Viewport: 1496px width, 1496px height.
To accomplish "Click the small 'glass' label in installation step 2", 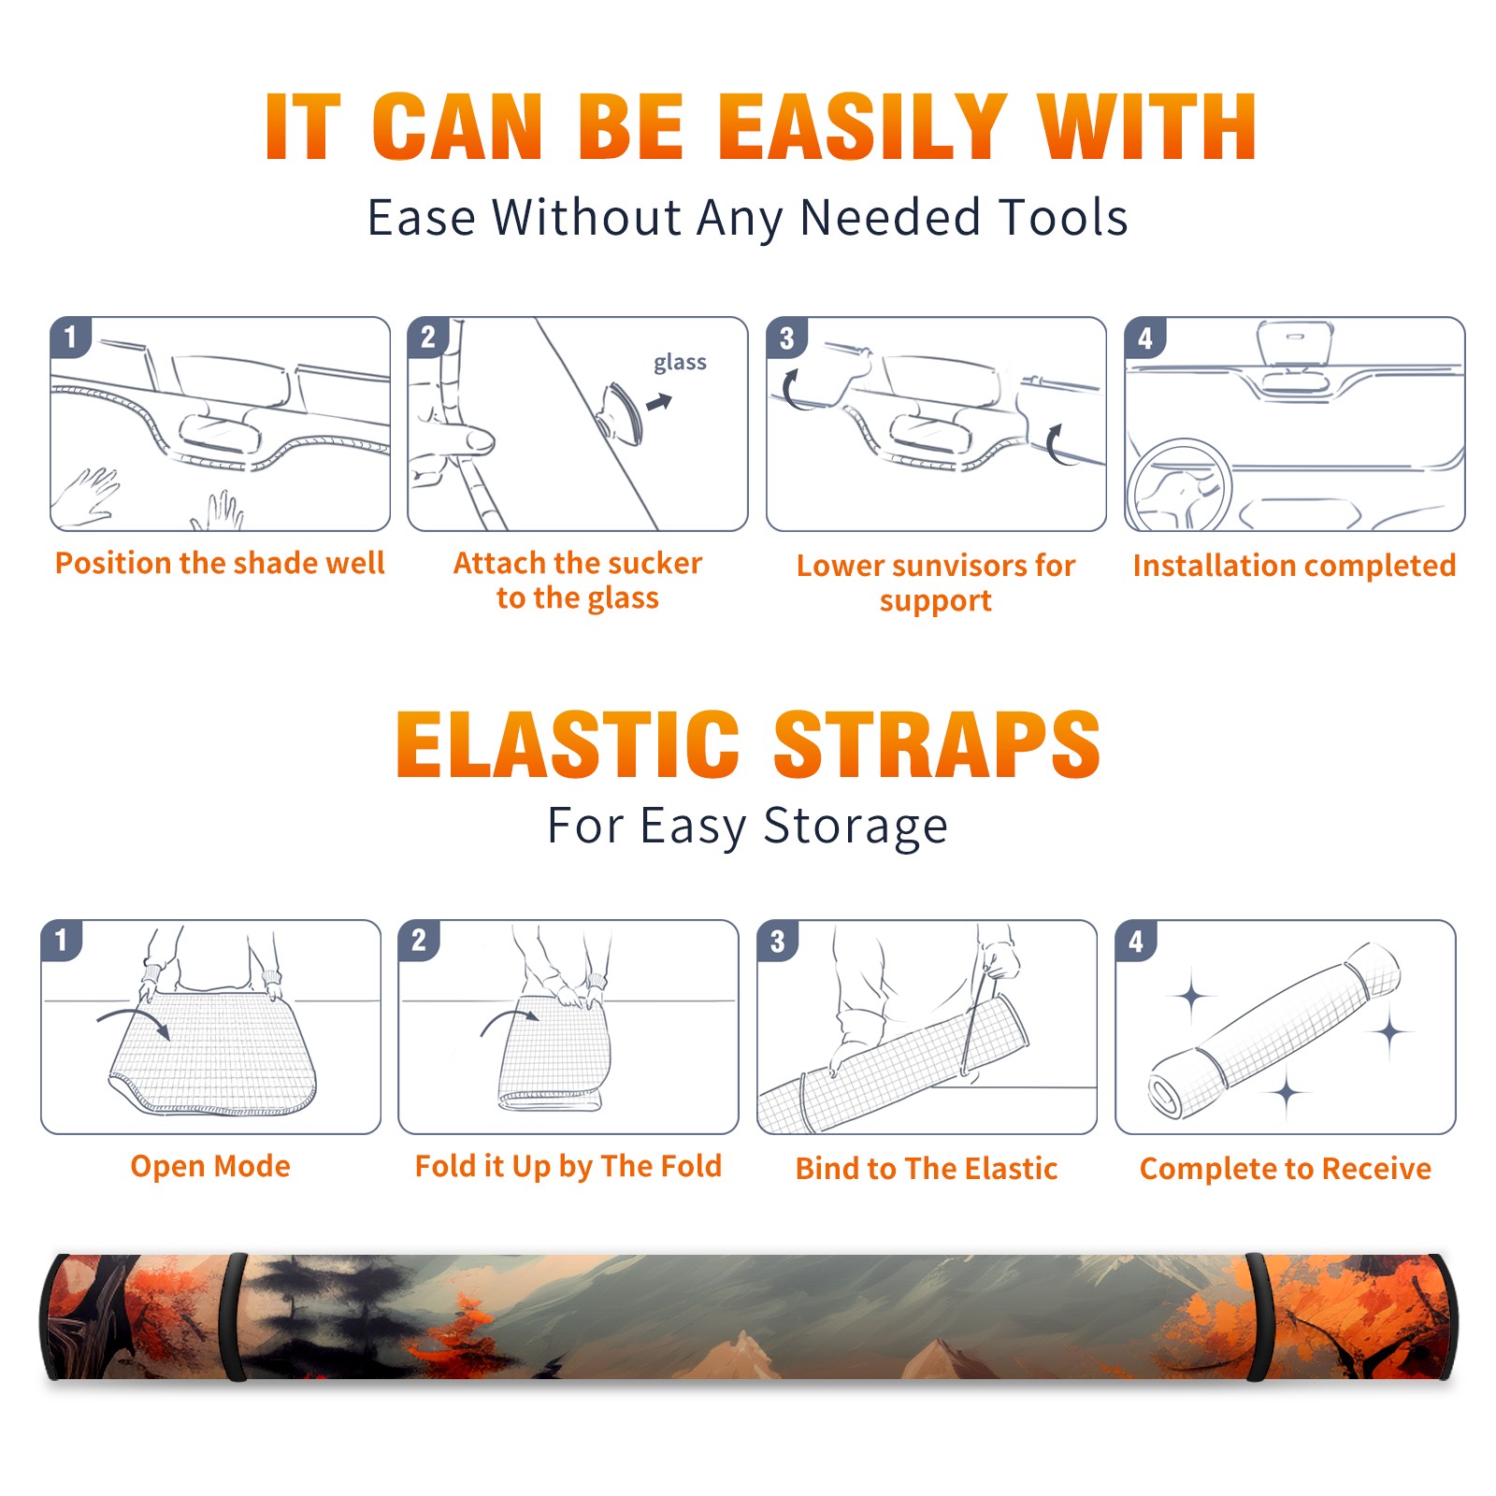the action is pyautogui.click(x=680, y=363).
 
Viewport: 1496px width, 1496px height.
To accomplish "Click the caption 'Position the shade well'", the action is pyautogui.click(x=220, y=563).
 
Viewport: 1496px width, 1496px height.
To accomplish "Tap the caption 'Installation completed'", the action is pyautogui.click(x=1294, y=565).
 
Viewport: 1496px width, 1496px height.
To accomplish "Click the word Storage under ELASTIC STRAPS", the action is pyautogui.click(x=855, y=827).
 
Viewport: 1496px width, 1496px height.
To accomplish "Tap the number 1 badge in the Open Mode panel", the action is pyautogui.click(x=62, y=940).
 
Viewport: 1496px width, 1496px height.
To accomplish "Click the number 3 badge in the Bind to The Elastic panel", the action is pyautogui.click(x=778, y=940).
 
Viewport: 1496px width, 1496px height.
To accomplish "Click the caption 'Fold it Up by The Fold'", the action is pyautogui.click(x=568, y=1166).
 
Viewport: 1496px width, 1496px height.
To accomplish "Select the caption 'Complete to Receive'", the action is pyautogui.click(x=1286, y=1169).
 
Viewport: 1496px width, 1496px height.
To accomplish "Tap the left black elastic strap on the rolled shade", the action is pyautogui.click(x=236, y=1316).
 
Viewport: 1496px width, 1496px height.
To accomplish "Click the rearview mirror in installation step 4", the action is pyautogui.click(x=1294, y=344).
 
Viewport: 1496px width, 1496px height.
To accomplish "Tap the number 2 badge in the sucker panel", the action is pyautogui.click(x=428, y=337).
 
